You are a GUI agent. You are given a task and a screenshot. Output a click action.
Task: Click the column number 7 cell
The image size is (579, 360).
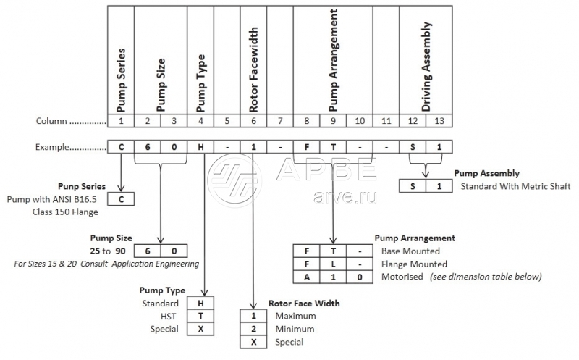pos(280,120)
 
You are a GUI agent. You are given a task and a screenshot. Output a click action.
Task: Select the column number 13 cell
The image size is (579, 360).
pos(438,120)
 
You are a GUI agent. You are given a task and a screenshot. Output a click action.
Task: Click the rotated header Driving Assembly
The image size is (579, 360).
pos(426,66)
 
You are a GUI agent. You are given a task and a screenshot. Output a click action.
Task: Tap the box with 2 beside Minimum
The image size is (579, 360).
pos(253,329)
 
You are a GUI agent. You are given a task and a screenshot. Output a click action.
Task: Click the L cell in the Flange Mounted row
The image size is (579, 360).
pos(332,264)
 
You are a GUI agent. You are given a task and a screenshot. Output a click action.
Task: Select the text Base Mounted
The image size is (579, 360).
pos(410,251)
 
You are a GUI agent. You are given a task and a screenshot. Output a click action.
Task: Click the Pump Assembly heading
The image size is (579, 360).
pos(486,173)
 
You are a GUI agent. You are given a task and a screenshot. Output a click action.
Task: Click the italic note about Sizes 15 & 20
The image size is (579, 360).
pos(106,264)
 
